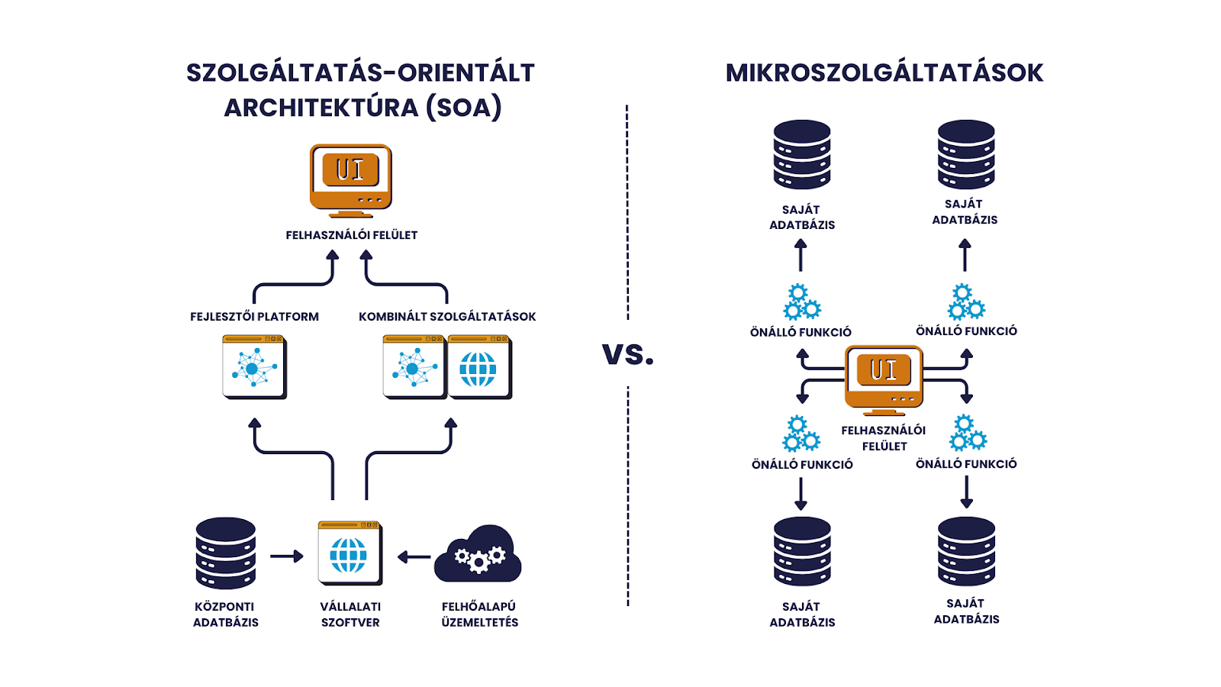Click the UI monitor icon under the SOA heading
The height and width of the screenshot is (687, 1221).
tap(350, 180)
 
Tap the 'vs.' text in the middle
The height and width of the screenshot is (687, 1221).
tap(627, 353)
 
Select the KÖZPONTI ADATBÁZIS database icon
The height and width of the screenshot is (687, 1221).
tap(225, 553)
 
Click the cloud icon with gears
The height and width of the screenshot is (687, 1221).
tap(478, 554)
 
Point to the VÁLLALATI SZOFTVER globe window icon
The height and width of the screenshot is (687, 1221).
tap(350, 553)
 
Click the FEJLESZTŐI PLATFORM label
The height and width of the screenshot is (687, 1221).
tap(254, 317)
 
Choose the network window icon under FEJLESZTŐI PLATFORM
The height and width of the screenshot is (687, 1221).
tap(254, 367)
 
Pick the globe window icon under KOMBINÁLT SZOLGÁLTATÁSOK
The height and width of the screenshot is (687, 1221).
tap(478, 368)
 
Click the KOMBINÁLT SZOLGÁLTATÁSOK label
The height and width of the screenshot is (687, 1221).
tap(447, 317)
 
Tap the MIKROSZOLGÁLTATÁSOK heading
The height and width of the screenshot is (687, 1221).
tap(884, 73)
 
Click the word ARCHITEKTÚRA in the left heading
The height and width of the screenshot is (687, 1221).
tap(321, 108)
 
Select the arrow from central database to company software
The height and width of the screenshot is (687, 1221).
tap(286, 556)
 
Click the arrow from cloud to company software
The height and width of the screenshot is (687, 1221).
tap(414, 557)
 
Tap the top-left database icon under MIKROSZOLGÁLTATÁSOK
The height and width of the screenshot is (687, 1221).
tap(801, 154)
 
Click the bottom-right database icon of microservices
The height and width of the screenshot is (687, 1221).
tap(966, 551)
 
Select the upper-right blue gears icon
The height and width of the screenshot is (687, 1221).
tap(966, 302)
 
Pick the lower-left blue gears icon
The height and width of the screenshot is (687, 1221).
tap(801, 434)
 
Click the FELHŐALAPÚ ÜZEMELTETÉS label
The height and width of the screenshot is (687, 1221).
tap(479, 614)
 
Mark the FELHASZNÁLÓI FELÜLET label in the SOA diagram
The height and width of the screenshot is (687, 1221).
tap(351, 235)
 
